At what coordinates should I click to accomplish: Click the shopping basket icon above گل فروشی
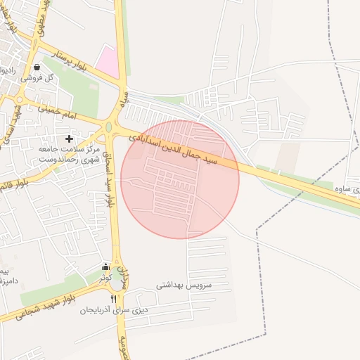tap(36, 67)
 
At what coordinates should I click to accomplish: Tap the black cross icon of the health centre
tap(69, 139)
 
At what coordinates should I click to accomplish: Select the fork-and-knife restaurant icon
tap(114, 300)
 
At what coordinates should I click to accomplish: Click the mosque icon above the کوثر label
tap(105, 267)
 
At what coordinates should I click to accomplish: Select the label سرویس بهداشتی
tap(184, 286)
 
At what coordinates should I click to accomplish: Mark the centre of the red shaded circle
tap(180, 179)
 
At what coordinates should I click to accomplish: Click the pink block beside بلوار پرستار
tap(107, 63)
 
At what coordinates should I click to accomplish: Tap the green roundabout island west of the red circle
tap(109, 127)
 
